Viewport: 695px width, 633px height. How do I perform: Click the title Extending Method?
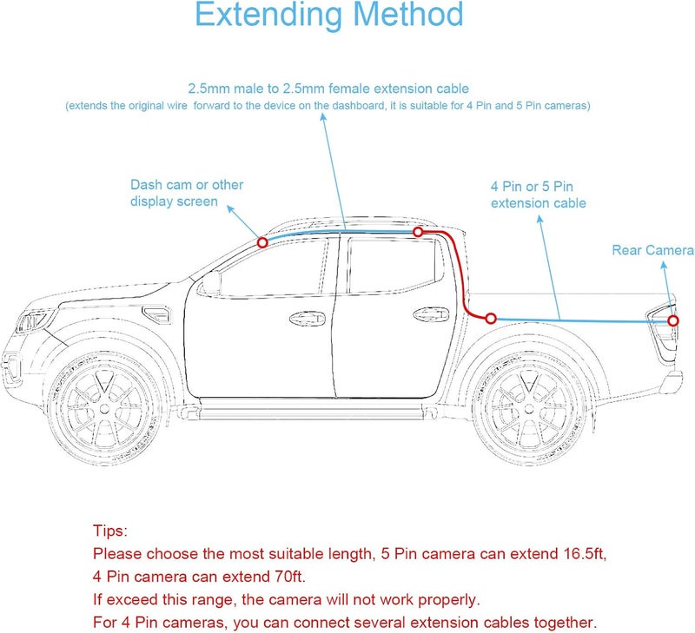pyautogui.click(x=328, y=15)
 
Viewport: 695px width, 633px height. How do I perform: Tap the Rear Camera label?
pyautogui.click(x=652, y=250)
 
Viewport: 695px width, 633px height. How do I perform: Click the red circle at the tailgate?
pyautogui.click(x=673, y=321)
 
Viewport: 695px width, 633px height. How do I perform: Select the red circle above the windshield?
pyautogui.click(x=262, y=243)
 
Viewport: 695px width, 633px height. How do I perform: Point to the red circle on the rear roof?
pyautogui.click(x=418, y=232)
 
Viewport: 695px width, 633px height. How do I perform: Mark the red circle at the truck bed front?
pyautogui.click(x=491, y=319)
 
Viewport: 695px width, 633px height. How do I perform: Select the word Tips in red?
pyautogui.click(x=110, y=531)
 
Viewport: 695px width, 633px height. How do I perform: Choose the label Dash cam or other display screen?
pyautogui.click(x=187, y=193)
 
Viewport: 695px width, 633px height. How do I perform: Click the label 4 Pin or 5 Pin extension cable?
pyautogui.click(x=538, y=195)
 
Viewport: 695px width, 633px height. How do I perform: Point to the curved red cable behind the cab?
pyautogui.click(x=459, y=278)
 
